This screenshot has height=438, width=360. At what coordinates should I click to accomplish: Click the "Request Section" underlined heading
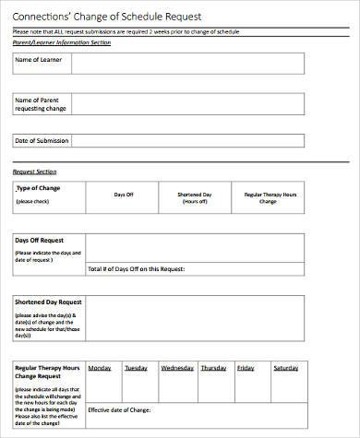tap(34, 172)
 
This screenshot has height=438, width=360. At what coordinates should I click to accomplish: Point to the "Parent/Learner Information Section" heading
tap(61, 42)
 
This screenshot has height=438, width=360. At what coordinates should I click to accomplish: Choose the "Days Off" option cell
tap(125, 195)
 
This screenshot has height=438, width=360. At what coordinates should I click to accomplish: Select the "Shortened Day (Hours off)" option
tap(195, 198)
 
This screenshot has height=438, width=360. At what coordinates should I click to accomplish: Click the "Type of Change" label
tap(38, 188)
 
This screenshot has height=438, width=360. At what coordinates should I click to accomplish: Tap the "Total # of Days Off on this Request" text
tap(137, 268)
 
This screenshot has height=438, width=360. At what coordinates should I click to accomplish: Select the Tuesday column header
tap(137, 366)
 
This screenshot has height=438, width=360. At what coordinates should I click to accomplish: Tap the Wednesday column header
tap(177, 366)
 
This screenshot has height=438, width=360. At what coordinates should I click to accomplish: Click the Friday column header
tap(246, 366)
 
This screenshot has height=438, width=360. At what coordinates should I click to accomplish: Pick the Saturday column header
tap(286, 366)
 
